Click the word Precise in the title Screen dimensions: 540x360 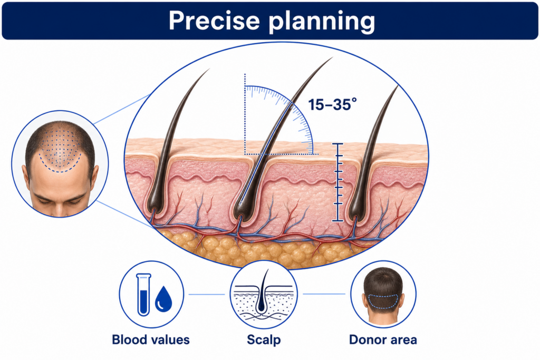tap(214, 21)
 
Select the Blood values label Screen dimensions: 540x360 tap(151, 339)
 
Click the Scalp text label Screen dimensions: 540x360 tap(264, 340)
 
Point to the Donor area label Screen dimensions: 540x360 tap(383, 339)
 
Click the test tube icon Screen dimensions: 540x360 tap(143, 294)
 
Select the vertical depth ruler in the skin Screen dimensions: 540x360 tap(338, 182)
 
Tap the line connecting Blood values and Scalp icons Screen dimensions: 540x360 tap(206, 294)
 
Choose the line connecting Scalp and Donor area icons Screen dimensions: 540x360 tap(324, 294)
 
